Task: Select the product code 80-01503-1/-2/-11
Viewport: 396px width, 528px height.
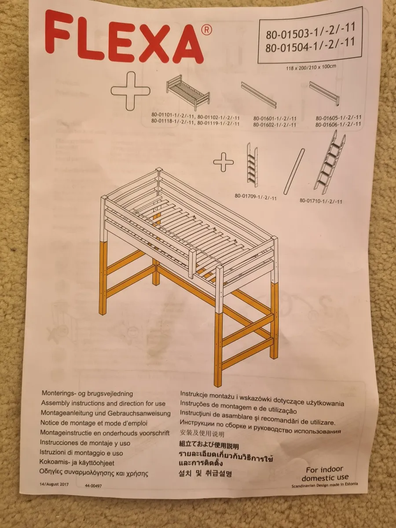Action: [310, 32]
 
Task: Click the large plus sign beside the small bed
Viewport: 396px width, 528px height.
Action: [131, 91]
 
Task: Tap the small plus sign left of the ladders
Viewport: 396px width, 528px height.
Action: [224, 163]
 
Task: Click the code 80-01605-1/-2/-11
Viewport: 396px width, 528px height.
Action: [338, 117]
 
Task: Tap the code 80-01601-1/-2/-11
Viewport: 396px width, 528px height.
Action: [275, 118]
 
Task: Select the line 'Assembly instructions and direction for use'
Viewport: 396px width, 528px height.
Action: [103, 403]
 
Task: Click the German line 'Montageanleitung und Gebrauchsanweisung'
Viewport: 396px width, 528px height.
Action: [106, 413]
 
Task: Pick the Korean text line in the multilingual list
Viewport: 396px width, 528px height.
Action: [205, 474]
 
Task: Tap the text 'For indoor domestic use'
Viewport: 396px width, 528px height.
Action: [325, 473]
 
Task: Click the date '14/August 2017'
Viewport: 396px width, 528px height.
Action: [55, 484]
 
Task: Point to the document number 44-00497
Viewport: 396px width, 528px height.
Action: [93, 485]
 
